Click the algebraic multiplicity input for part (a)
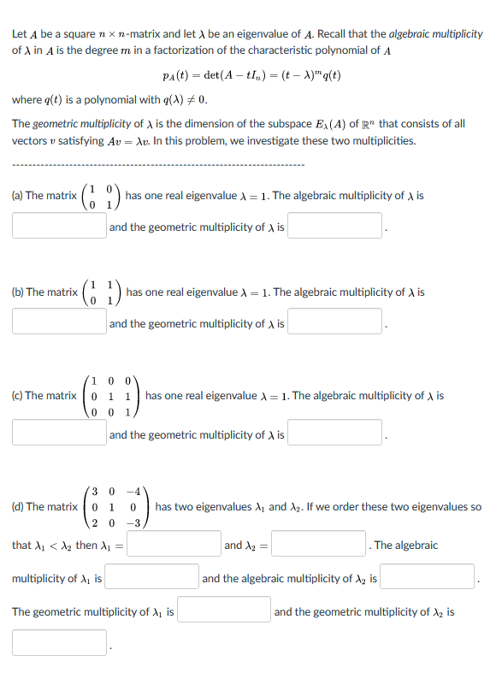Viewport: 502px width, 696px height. [59, 227]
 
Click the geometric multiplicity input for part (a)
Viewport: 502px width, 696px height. [334, 227]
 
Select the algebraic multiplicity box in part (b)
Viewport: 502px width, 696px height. [59, 322]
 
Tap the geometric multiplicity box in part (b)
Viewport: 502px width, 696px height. [334, 322]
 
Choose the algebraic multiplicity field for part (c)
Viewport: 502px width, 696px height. [59, 434]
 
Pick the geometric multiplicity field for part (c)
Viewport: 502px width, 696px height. [334, 434]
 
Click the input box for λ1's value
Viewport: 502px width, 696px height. [174, 545]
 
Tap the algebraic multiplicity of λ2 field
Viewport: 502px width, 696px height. [428, 578]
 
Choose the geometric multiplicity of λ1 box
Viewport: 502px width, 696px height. [224, 610]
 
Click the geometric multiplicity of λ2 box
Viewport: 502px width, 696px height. [59, 643]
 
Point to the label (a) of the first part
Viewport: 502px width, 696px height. [17, 196]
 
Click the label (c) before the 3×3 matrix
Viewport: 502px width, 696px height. [17, 396]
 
